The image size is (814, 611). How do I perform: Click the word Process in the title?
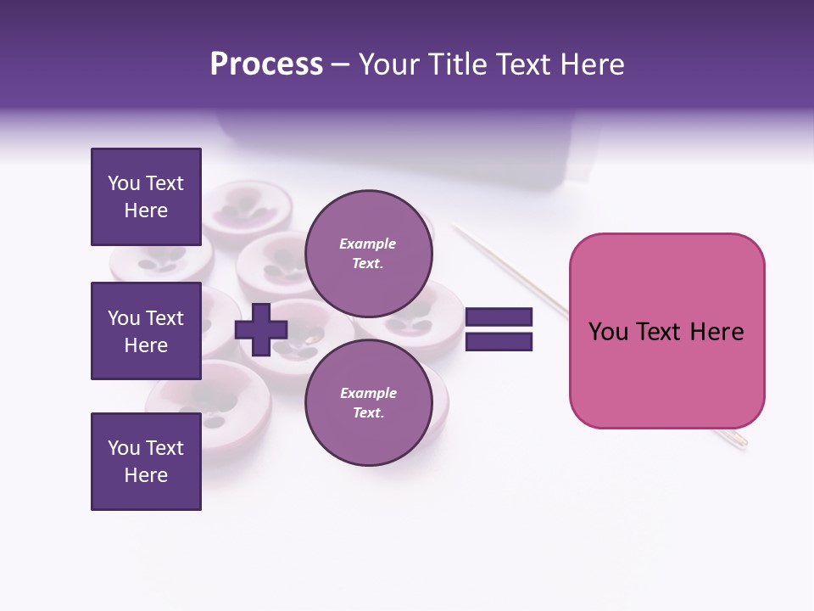click(266, 64)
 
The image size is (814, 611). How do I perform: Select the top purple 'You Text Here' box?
click(146, 197)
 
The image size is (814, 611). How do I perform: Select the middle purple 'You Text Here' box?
click(146, 331)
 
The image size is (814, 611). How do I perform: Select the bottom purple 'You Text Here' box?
click(146, 462)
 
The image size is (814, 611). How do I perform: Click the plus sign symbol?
click(261, 328)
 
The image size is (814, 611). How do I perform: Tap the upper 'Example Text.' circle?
click(368, 253)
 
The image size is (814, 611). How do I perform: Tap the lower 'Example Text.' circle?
click(368, 402)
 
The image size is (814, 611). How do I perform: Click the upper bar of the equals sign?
click(499, 317)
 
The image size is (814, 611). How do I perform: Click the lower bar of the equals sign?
click(499, 341)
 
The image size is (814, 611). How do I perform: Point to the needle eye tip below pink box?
click(742, 440)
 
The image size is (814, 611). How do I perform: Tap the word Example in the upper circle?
click(368, 244)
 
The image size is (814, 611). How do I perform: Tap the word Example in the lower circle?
click(368, 393)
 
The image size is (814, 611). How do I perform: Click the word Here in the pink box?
click(716, 332)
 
